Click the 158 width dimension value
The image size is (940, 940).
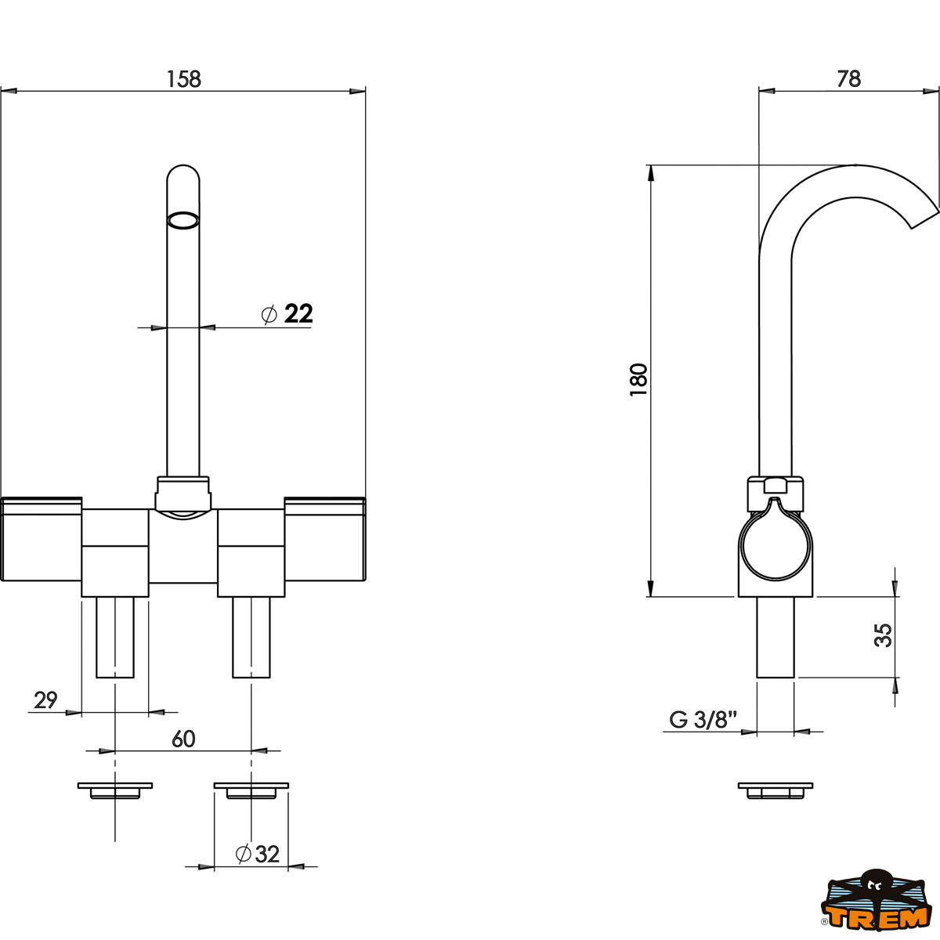[x=184, y=79]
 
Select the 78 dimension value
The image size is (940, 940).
[x=848, y=78]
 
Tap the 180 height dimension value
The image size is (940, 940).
[x=639, y=380]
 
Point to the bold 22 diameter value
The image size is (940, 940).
[x=298, y=314]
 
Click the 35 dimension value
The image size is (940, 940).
[x=884, y=635]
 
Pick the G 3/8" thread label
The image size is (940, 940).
[x=703, y=719]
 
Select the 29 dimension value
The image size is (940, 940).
[x=46, y=700]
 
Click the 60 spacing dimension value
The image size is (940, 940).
[x=183, y=739]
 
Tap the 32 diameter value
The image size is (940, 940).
[x=267, y=854]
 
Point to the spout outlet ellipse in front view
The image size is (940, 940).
[x=183, y=220]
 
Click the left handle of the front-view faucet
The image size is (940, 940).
[x=42, y=540]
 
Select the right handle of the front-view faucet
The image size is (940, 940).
[x=325, y=540]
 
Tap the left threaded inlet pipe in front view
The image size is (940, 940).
[x=115, y=636]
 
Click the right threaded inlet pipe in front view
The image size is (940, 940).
[x=251, y=636]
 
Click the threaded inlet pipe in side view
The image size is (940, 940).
[x=775, y=636]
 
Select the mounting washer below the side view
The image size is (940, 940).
[x=775, y=790]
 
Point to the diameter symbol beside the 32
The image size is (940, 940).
[x=243, y=854]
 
